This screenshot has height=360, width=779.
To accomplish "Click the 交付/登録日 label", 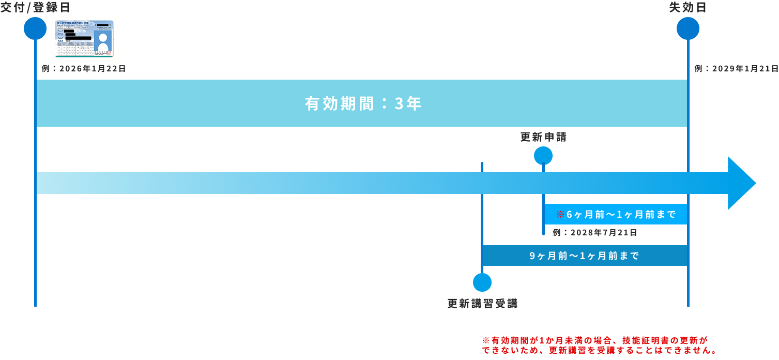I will point(35,7).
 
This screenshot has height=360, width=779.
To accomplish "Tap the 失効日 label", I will point(688,7).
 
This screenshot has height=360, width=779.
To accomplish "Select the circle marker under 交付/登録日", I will point(35,28).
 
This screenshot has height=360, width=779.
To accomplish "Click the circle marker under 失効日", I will point(688,28).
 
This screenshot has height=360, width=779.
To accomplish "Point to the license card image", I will point(84,39).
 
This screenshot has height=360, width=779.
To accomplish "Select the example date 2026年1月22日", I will point(84,68).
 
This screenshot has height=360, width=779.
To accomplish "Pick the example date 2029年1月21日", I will point(736,68).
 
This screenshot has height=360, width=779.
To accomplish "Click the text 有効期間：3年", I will point(363,104).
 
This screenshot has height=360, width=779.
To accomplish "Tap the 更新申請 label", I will point(543,137).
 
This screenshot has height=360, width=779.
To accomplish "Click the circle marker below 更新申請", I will point(543,156).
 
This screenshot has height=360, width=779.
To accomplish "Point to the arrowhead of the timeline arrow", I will point(741,183).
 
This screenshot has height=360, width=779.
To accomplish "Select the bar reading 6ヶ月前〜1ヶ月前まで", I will point(616,214).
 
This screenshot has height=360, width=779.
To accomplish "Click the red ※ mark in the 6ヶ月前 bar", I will point(560,214).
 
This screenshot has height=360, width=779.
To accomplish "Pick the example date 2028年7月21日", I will point(594,233).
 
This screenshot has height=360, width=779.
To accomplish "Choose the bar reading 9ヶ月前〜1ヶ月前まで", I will point(585,256).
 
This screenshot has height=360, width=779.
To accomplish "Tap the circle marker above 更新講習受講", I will point(482,282).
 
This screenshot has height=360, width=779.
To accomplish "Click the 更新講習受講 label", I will point(482,304).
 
